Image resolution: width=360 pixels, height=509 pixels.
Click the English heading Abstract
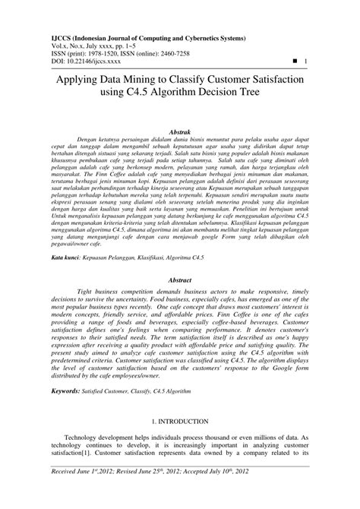(179, 280)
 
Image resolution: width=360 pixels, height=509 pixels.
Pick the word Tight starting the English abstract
(87, 291)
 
